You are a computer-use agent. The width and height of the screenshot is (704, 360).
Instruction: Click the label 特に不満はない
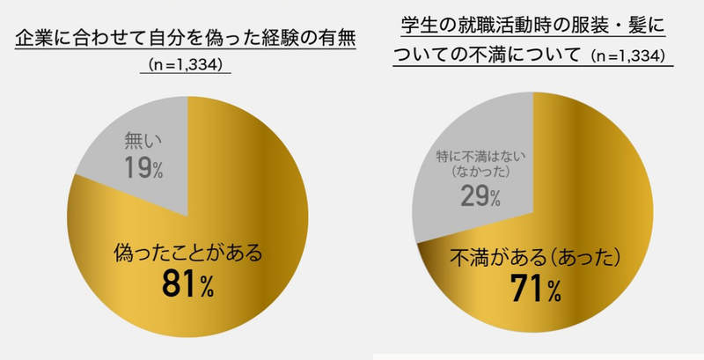tap(479, 156)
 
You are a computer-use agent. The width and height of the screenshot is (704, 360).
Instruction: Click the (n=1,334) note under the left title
tap(185, 64)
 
